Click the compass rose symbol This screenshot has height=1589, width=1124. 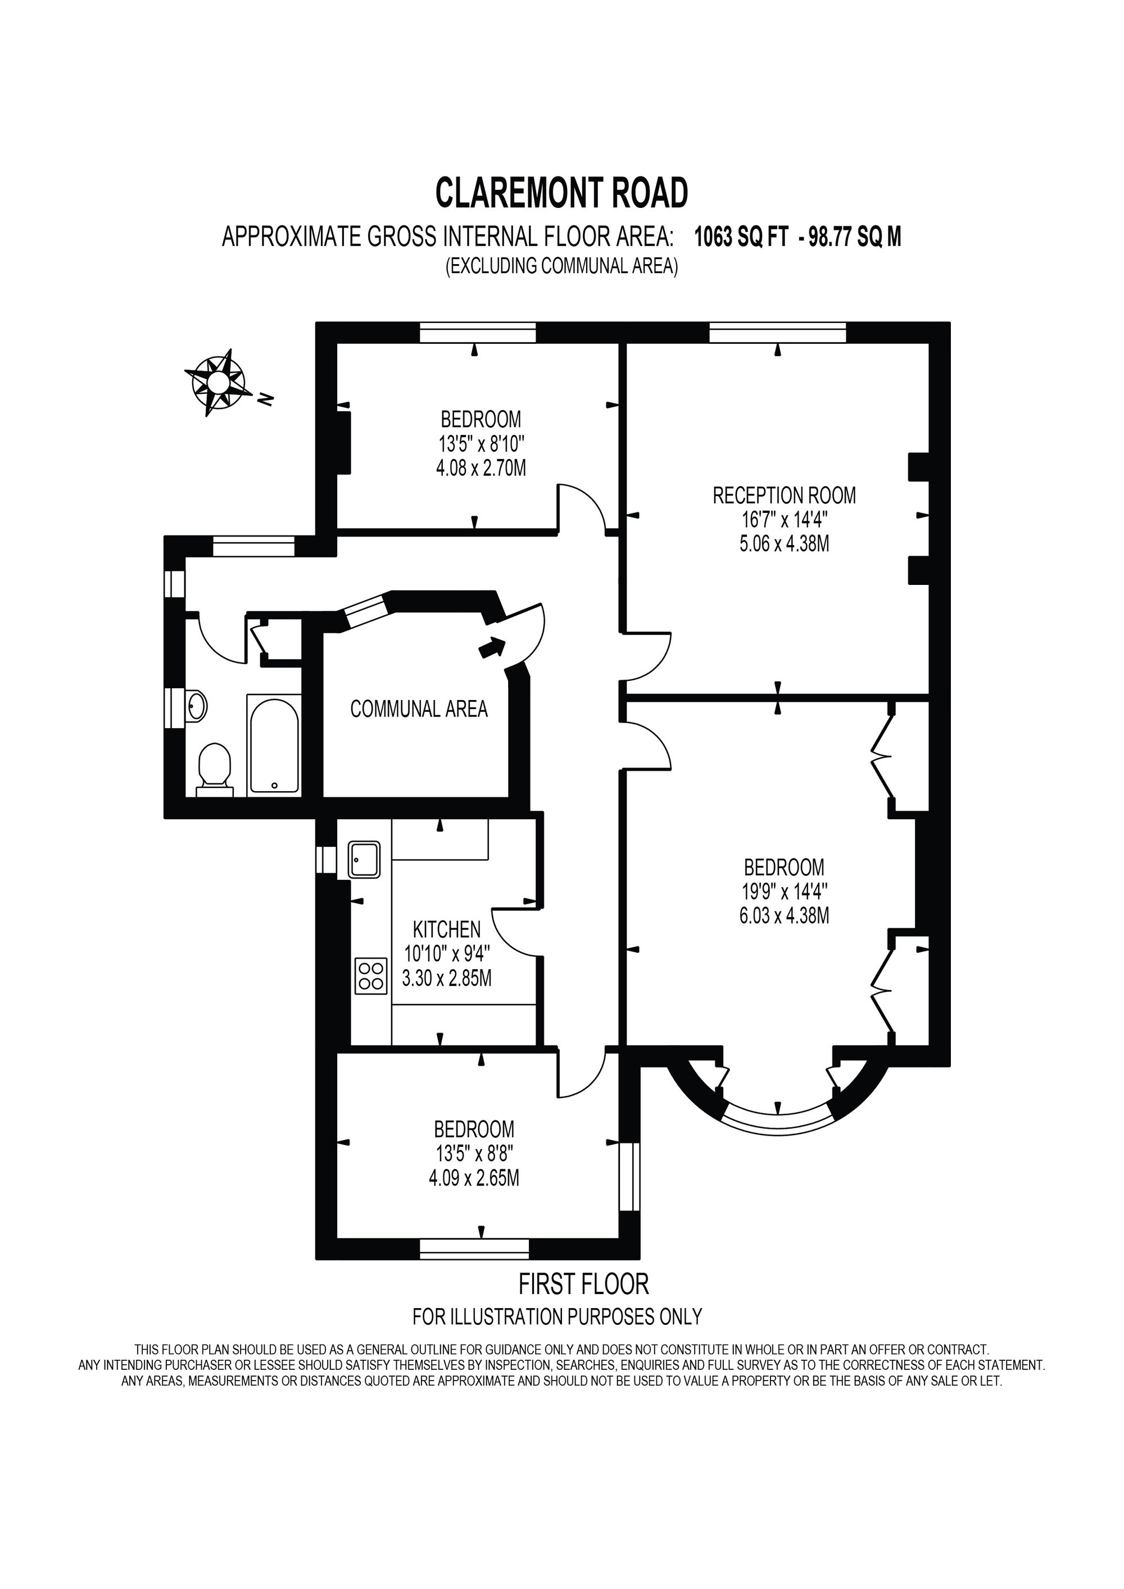click(x=217, y=382)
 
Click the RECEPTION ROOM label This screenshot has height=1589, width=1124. click(x=784, y=496)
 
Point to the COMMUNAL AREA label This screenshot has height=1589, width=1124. click(x=419, y=709)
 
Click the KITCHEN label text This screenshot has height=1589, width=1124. click(x=446, y=929)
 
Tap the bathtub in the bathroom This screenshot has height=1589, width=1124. click(x=274, y=744)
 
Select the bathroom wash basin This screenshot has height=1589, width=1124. click(x=197, y=706)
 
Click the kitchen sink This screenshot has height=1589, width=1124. click(x=364, y=860)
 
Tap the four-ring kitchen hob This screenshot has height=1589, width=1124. click(x=371, y=975)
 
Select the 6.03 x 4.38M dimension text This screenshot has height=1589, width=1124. click(x=784, y=916)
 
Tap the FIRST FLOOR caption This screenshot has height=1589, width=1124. click(x=583, y=1284)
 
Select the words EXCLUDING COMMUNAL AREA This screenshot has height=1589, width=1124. click(x=561, y=266)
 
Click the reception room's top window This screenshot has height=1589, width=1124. click(x=777, y=333)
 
